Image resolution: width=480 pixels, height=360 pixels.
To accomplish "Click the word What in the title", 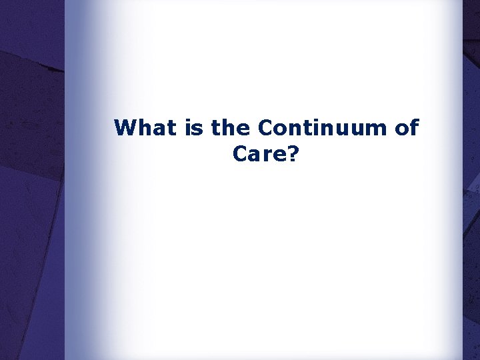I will [147, 127].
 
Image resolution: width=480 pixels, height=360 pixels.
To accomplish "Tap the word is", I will [195, 127].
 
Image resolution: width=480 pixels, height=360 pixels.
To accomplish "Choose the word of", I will [407, 127].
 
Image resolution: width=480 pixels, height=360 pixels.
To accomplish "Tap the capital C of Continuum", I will [265, 127].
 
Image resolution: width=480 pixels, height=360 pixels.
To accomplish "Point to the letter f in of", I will [414, 127].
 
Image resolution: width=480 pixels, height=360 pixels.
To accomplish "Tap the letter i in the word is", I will [190, 127].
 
